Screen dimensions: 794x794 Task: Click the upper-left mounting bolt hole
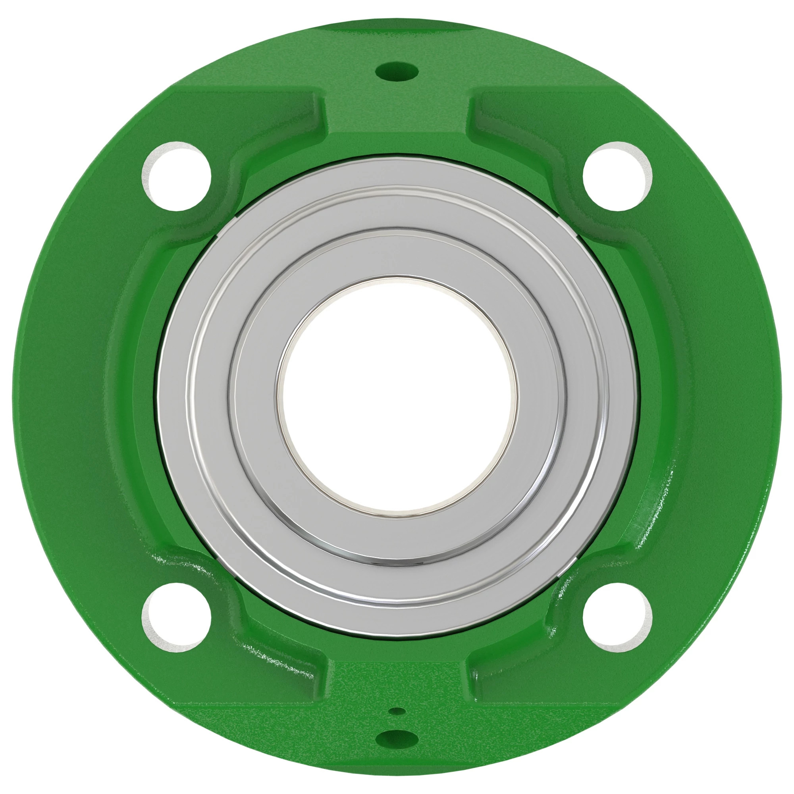tap(176, 176)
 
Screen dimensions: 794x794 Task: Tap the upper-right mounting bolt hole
tap(617, 176)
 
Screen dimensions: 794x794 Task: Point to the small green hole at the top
tap(397, 72)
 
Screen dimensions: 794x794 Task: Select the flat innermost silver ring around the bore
tap(397, 252)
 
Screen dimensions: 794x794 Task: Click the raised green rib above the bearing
tap(397, 123)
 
